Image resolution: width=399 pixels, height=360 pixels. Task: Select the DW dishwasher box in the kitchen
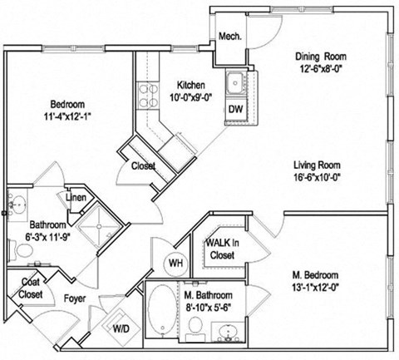235,109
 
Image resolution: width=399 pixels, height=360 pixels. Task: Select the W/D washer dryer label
122,328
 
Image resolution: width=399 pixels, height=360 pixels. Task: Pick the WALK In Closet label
223,249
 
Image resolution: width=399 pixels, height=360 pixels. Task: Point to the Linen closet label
75,197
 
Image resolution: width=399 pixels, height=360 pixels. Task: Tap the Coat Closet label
31,287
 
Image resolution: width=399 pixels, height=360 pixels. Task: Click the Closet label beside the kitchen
143,165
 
